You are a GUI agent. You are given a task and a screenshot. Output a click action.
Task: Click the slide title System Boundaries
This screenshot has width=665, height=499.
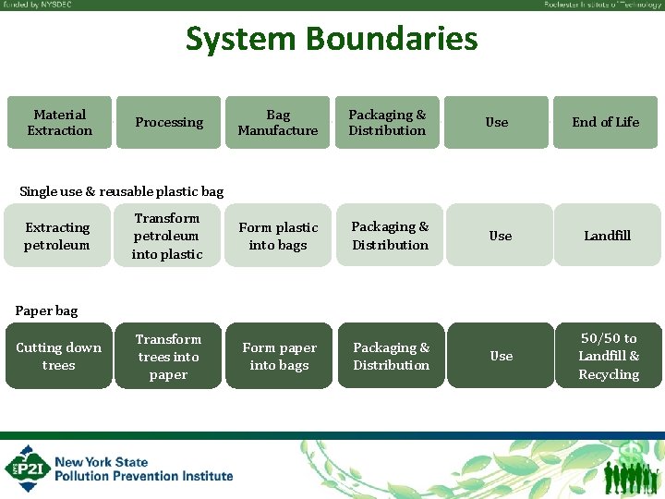332,39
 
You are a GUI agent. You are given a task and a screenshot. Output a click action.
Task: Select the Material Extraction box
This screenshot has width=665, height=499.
59,122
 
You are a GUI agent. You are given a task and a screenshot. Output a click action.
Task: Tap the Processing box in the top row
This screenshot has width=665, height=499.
168,122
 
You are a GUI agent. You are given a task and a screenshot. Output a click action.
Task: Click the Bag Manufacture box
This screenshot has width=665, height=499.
277,122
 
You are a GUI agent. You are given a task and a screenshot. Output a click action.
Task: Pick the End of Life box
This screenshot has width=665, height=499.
605,122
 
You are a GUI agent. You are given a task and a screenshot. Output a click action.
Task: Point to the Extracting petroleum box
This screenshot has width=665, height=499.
57,236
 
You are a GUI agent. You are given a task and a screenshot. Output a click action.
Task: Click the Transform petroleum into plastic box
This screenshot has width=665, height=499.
167,236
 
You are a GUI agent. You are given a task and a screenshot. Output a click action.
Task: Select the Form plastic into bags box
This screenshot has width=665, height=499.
278,236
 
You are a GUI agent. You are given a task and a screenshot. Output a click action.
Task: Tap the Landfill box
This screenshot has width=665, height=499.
607,236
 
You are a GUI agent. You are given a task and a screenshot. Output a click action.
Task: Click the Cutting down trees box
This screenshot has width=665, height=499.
58,356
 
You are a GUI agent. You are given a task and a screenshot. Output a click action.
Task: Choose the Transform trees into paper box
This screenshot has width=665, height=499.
168,356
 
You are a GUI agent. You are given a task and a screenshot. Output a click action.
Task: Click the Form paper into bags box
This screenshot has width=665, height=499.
279,356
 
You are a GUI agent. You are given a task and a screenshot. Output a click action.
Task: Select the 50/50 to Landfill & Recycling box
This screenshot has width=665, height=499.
608,356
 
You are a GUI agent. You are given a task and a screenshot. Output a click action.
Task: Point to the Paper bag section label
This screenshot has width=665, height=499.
46,310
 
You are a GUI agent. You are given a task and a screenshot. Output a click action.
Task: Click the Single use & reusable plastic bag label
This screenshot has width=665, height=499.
121,191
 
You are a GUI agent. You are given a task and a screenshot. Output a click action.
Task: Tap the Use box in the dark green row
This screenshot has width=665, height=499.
501,356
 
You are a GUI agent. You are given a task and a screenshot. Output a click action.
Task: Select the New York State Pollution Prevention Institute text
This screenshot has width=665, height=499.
143,469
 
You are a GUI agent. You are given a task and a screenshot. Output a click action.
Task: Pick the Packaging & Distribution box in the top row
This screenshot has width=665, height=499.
387,122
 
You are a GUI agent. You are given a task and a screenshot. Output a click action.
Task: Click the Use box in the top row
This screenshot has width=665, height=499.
496,122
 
